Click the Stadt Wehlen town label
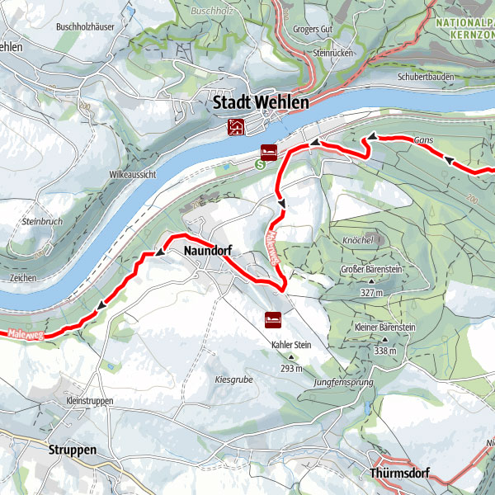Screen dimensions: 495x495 pyautogui.click(x=261, y=104)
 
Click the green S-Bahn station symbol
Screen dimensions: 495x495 pyautogui.click(x=260, y=163)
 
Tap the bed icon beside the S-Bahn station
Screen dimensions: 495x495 pyautogui.click(x=268, y=151)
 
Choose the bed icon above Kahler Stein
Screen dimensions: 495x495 pyautogui.click(x=272, y=318)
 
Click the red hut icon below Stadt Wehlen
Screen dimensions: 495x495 pyautogui.click(x=236, y=126)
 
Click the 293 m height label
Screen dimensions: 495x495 pyautogui.click(x=290, y=368)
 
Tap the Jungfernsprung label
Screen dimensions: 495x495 pyautogui.click(x=343, y=384)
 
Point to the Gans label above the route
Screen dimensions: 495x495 pyautogui.click(x=424, y=141)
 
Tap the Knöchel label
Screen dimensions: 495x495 pyautogui.click(x=358, y=240)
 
